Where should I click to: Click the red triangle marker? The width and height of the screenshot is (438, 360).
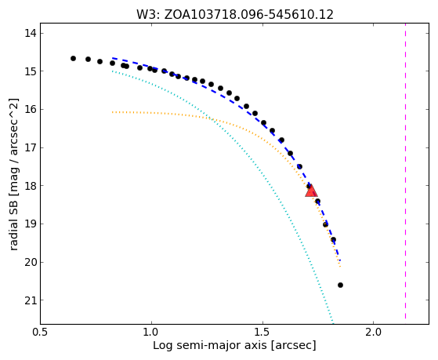tap(311, 191)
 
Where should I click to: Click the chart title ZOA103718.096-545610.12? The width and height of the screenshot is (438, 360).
tap(248, 15)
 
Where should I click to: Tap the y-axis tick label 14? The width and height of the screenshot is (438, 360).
tap(31, 33)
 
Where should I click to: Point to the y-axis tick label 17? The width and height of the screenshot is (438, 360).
tap(31, 147)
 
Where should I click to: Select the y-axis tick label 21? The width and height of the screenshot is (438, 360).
tap(31, 300)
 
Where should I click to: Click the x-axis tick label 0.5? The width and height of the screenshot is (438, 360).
tap(41, 333)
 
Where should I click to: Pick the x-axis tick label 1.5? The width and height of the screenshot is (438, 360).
tap(262, 333)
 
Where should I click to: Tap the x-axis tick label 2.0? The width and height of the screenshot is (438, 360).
tap(374, 333)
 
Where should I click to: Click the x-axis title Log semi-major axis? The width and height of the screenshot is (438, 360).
tap(210, 346)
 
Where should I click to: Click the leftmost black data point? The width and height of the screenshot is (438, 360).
tap(73, 59)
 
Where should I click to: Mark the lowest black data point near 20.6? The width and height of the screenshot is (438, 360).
tap(340, 285)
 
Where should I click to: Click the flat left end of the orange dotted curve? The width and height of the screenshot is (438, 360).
tap(113, 112)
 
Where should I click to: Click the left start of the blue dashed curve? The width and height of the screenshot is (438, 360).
tap(113, 58)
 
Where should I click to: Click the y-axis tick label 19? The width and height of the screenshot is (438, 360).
tap(31, 224)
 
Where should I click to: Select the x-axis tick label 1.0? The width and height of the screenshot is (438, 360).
tap(151, 333)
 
